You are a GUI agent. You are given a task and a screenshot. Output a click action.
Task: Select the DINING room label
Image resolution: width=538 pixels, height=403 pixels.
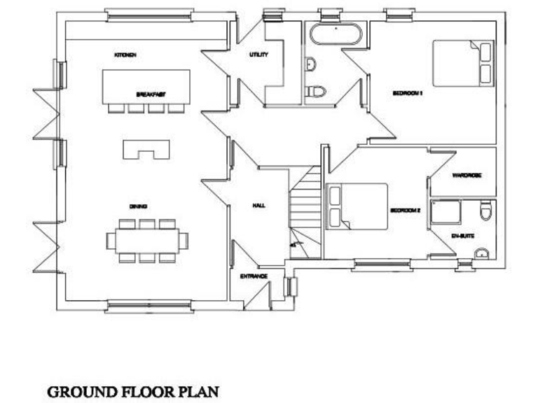pos(137,206)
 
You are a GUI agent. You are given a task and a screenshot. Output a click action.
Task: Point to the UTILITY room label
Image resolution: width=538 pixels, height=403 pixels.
pos(258,55)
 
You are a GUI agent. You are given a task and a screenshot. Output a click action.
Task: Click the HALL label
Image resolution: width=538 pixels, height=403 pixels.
pos(258,206)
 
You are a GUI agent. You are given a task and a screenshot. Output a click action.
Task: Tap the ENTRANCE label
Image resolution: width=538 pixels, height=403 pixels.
pos(254,276)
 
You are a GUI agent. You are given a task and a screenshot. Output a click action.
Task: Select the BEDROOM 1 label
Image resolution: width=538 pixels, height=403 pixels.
pos(407,92)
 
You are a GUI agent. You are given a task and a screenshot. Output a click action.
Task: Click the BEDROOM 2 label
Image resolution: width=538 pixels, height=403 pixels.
pos(405,210)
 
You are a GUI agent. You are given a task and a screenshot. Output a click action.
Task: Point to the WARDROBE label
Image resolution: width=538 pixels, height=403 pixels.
pos(466,175)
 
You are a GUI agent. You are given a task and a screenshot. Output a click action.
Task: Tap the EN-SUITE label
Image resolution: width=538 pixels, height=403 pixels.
pos(464,236)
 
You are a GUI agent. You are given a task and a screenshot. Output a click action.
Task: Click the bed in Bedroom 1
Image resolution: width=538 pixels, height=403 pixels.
pos(463,64)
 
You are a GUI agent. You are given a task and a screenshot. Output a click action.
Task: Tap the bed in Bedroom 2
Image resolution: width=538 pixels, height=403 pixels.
pos(357,206)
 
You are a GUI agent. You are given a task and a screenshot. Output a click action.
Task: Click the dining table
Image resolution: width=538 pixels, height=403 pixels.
pos(147,240)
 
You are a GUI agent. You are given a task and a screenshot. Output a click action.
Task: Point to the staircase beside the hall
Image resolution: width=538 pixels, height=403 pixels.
pos(305,210)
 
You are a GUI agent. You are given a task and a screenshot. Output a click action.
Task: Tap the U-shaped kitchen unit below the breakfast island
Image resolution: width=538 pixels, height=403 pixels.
pos(147,149)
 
